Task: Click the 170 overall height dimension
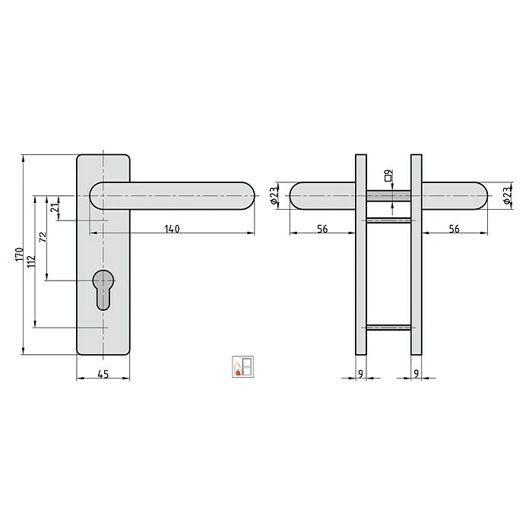pyautogui.click(x=19, y=255)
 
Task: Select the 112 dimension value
pyautogui.click(x=30, y=262)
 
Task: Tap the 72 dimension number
pyautogui.click(x=43, y=237)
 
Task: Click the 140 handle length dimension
pyautogui.click(x=172, y=229)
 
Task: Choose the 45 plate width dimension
pyautogui.click(x=103, y=373)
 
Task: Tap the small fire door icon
pyautogui.click(x=242, y=366)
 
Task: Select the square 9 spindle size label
pyautogui.click(x=388, y=177)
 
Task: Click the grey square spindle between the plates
pyautogui.click(x=388, y=196)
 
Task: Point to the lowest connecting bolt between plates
pyautogui.click(x=388, y=328)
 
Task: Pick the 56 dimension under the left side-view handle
pyautogui.click(x=323, y=229)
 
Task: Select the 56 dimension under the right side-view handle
pyautogui.click(x=454, y=229)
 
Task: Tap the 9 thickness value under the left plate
pyautogui.click(x=360, y=373)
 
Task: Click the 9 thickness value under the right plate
pyautogui.click(x=416, y=373)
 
